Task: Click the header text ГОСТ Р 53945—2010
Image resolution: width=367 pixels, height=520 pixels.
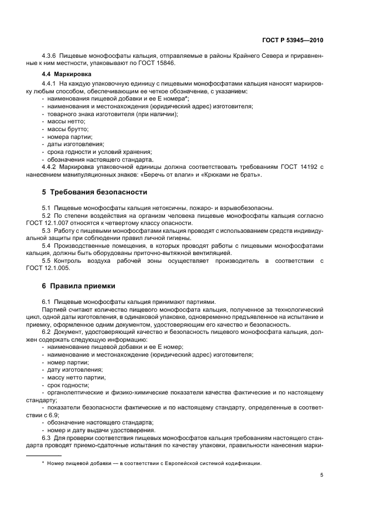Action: tap(293, 41)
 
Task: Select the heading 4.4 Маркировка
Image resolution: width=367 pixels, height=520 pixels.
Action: tap(63, 74)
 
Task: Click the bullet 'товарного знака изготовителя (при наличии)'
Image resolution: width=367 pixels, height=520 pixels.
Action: tap(112, 114)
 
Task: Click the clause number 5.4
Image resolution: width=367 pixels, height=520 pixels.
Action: tap(47, 245)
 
